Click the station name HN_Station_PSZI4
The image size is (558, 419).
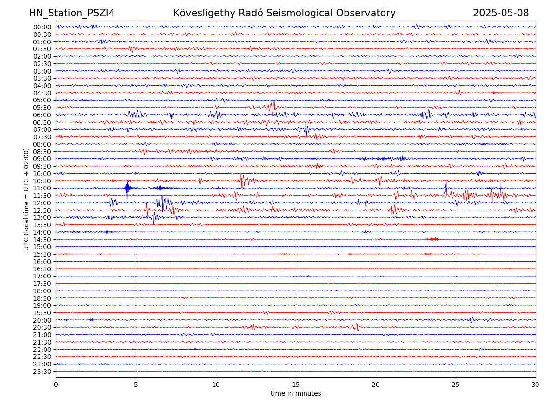tap(72, 13)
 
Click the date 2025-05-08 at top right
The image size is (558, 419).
tap(501, 13)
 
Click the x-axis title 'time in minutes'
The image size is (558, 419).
tap(296, 393)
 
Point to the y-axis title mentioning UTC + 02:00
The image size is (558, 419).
tap(27, 199)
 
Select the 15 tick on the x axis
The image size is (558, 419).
tap(296, 385)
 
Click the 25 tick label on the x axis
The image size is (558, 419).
tap(456, 385)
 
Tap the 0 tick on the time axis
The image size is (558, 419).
tap(56, 385)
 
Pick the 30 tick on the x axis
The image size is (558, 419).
tap(536, 385)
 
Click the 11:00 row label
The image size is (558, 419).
tap(42, 188)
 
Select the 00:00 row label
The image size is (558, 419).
tap(42, 27)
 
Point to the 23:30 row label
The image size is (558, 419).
tap(42, 372)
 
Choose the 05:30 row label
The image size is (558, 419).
tap(42, 108)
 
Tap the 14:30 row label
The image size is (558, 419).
tap(42, 239)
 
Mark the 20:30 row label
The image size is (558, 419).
tap(42, 327)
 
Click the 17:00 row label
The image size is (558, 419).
tap(42, 276)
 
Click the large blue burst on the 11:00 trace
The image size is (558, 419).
tap(127, 188)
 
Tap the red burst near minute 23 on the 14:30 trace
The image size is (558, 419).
tap(432, 239)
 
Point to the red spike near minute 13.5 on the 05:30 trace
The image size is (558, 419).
tap(272, 107)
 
